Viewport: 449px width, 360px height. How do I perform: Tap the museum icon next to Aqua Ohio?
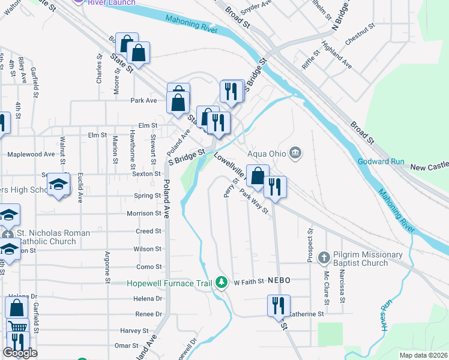click(x=295, y=153)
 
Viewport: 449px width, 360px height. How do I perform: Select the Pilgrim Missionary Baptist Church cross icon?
click(x=324, y=257)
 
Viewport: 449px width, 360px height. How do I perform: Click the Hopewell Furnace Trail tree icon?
click(x=222, y=282)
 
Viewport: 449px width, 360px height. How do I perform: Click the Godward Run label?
click(x=381, y=161)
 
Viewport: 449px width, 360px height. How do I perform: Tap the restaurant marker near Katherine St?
click(x=279, y=304)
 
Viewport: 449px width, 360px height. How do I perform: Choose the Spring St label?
click(x=148, y=196)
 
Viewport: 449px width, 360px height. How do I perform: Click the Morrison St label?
click(x=144, y=213)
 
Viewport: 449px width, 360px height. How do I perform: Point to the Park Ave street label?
click(x=143, y=101)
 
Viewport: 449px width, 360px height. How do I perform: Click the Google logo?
click(x=20, y=353)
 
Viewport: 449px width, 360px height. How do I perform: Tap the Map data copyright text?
click(x=423, y=355)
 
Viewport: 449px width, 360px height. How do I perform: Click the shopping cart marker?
click(x=18, y=328)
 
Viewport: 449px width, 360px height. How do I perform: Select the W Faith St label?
click(x=249, y=281)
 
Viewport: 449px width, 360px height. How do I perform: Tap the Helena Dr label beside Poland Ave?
click(x=150, y=298)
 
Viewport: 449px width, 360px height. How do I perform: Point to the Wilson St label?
click(x=148, y=248)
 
